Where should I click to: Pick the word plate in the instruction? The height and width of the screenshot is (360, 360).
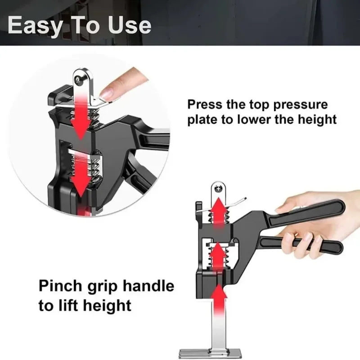point(207,120)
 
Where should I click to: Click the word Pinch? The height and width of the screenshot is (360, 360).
point(59,286)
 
